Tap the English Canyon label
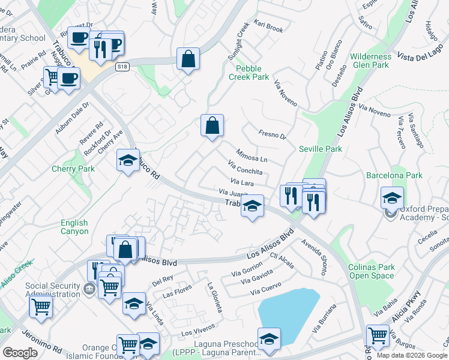coord(74,227)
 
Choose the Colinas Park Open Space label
coord(372,271)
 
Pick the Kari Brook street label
coord(268,28)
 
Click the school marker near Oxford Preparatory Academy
coord(392,197)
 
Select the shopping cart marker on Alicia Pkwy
coord(378,336)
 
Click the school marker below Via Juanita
coord(253,207)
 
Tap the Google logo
coord(20,353)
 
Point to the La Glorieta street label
coord(215,298)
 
